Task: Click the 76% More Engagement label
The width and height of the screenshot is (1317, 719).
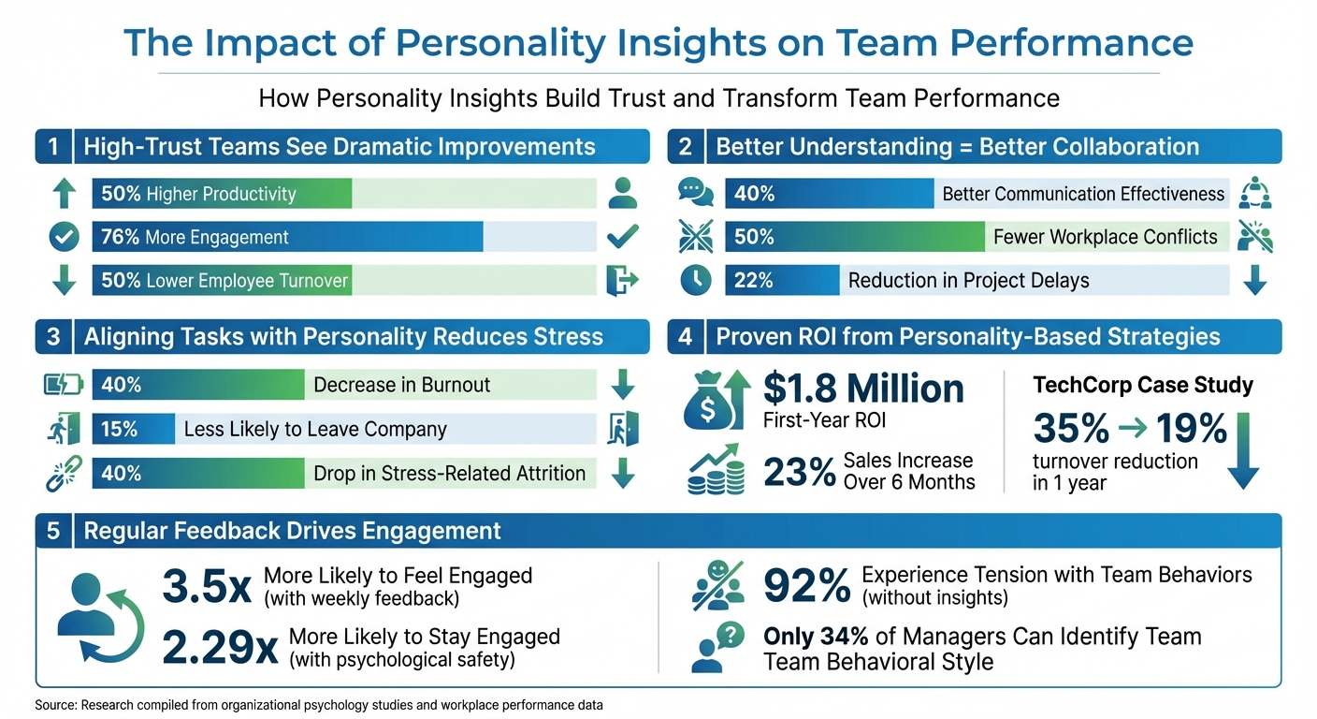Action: point(195,238)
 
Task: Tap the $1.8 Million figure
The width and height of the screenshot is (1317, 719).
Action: point(862,389)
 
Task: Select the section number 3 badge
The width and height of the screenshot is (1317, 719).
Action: point(53,337)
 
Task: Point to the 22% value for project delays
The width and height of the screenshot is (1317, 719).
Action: point(754,281)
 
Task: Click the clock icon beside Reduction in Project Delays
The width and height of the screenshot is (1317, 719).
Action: point(695,281)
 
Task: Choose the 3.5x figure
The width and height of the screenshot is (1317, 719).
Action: point(207,587)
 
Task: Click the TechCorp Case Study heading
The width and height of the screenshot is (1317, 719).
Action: point(1142,385)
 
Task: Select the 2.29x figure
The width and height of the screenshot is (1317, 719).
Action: point(220,647)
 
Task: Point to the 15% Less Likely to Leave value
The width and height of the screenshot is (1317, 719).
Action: point(119,429)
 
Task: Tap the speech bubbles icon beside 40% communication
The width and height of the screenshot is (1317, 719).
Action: point(695,194)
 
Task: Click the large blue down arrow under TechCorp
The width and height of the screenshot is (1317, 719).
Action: point(1243,454)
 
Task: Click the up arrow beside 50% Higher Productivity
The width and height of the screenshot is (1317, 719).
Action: point(64,194)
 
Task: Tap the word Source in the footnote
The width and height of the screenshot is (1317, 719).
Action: point(55,706)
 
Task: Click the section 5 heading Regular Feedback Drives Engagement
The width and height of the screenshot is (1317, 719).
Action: point(292,531)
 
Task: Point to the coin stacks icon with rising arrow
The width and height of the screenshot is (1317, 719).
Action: point(716,471)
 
